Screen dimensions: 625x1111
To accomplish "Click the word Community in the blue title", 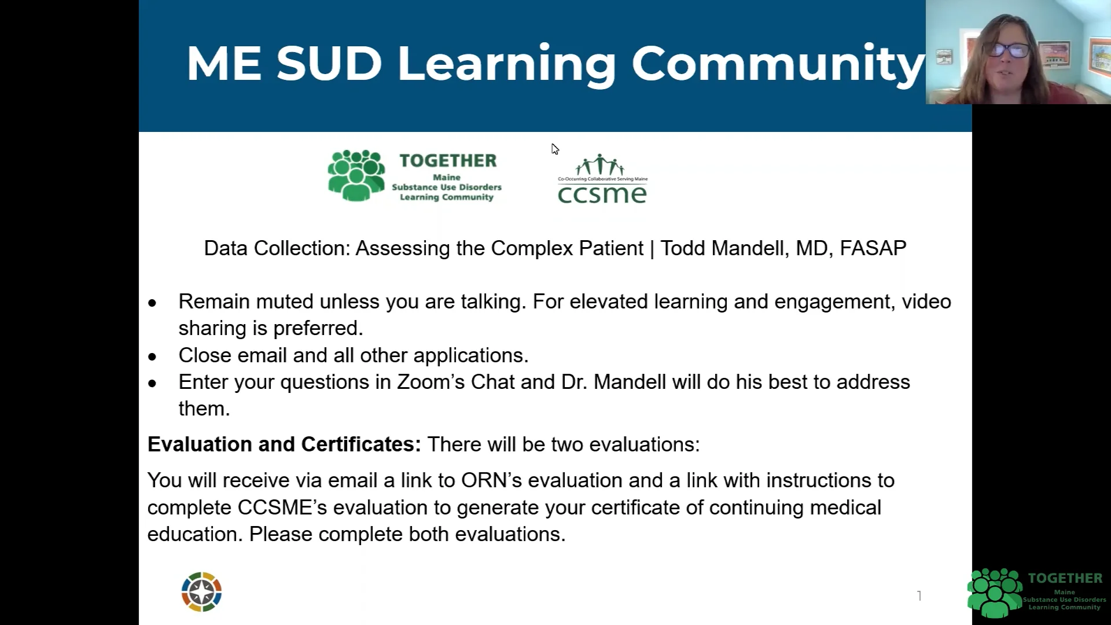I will pyautogui.click(x=778, y=64).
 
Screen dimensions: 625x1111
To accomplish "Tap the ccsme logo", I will pyautogui.click(x=602, y=180).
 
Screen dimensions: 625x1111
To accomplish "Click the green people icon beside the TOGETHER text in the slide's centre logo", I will pyautogui.click(x=356, y=175).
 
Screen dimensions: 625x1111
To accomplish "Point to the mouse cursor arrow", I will pyautogui.click(x=554, y=149).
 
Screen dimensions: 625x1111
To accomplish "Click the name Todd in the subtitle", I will pyautogui.click(x=683, y=248).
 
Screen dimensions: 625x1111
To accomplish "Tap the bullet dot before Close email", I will pyautogui.click(x=152, y=356).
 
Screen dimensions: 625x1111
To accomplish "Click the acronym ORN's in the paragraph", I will pyautogui.click(x=491, y=480).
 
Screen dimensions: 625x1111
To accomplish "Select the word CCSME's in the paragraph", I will pyautogui.click(x=282, y=508).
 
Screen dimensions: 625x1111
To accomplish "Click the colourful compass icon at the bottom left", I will pyautogui.click(x=201, y=592).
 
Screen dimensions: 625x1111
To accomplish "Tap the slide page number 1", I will pyautogui.click(x=919, y=595).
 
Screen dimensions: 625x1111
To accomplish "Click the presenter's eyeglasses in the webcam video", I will pyautogui.click(x=1009, y=50).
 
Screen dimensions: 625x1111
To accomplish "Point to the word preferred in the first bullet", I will pyautogui.click(x=318, y=328).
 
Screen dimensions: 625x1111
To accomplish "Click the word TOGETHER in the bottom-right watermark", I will pyautogui.click(x=1065, y=578).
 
